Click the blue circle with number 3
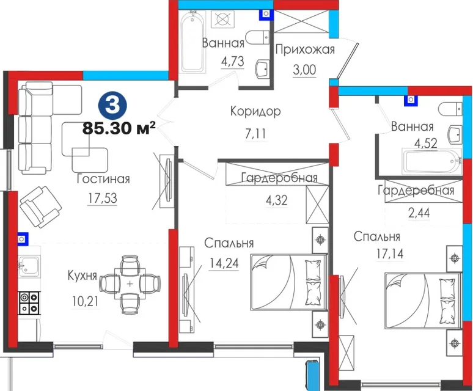click(112, 106)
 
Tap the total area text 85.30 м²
click(119, 128)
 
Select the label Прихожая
click(305, 49)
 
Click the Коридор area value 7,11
click(255, 133)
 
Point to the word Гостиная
click(103, 179)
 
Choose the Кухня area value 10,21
click(85, 301)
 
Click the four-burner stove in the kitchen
click(29, 302)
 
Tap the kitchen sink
click(29, 266)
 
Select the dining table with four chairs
click(130, 283)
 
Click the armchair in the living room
click(40, 207)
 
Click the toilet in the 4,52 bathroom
click(450, 109)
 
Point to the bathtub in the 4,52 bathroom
click(431, 161)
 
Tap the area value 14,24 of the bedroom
click(224, 263)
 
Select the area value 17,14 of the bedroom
click(389, 254)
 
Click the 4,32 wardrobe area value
click(277, 200)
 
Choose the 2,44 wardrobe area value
click(419, 213)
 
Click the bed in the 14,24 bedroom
click(289, 282)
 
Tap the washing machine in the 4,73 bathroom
click(222, 20)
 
